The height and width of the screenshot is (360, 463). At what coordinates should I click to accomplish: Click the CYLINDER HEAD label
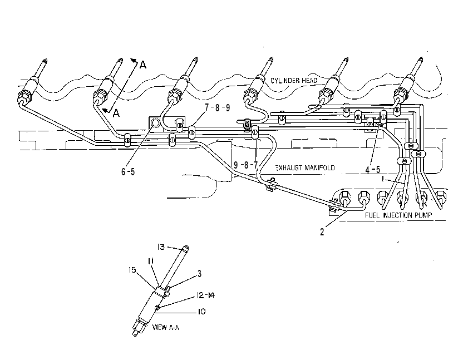pos(294,80)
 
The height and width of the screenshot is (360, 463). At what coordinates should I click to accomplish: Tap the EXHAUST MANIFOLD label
pos(305,167)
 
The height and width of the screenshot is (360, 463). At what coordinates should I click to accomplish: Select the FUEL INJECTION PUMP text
pos(398,215)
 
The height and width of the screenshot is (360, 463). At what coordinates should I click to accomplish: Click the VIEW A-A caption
pos(165,327)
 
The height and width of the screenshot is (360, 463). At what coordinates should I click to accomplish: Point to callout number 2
pos(322,232)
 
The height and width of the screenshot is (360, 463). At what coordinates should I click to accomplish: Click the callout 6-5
pos(128,171)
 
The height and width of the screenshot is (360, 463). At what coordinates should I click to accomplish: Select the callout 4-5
pos(373,170)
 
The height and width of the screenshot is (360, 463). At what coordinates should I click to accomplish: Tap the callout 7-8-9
pos(218,107)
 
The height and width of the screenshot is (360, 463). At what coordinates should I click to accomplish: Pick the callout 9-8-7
pos(245,165)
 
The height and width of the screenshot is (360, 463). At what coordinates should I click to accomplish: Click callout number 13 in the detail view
pos(161,246)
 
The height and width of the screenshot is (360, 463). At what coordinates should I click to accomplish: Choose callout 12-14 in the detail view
pos(205,295)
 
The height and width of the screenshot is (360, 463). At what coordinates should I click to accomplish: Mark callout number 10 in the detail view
pos(201,312)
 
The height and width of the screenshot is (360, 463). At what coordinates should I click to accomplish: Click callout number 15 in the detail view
pos(132,270)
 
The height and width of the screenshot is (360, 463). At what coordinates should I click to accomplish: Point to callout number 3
pos(200,274)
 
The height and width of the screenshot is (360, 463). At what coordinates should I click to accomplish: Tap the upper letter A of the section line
pos(143,65)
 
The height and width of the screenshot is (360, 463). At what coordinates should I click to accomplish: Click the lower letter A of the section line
pos(116,112)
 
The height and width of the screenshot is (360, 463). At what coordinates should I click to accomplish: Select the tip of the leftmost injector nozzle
pos(45,60)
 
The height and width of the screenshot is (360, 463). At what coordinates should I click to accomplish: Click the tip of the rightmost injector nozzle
pos(421,59)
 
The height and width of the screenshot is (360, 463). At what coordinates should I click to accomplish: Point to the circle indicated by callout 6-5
pos(155,122)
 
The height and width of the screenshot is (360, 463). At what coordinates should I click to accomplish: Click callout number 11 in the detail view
pos(151,261)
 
